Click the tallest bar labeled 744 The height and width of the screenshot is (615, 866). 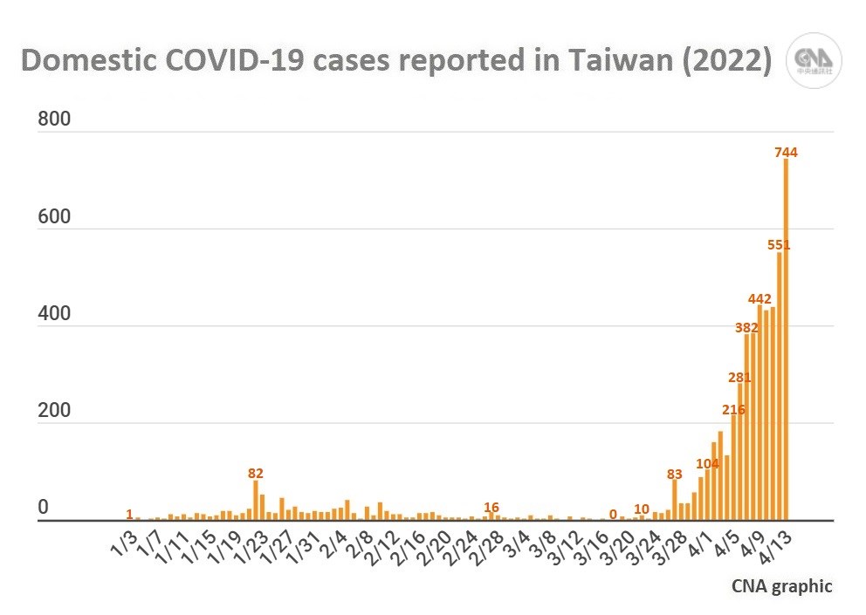(x=786, y=340)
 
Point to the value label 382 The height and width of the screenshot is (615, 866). (x=746, y=327)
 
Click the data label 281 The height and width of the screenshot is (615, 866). (x=739, y=377)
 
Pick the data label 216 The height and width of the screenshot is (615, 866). (x=733, y=410)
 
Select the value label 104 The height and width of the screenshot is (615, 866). (x=708, y=463)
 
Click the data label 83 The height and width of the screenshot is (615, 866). (x=675, y=474)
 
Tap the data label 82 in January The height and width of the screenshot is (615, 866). (x=256, y=473)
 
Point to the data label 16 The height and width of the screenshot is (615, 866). (x=491, y=507)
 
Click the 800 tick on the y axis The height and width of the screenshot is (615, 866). (x=54, y=120)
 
